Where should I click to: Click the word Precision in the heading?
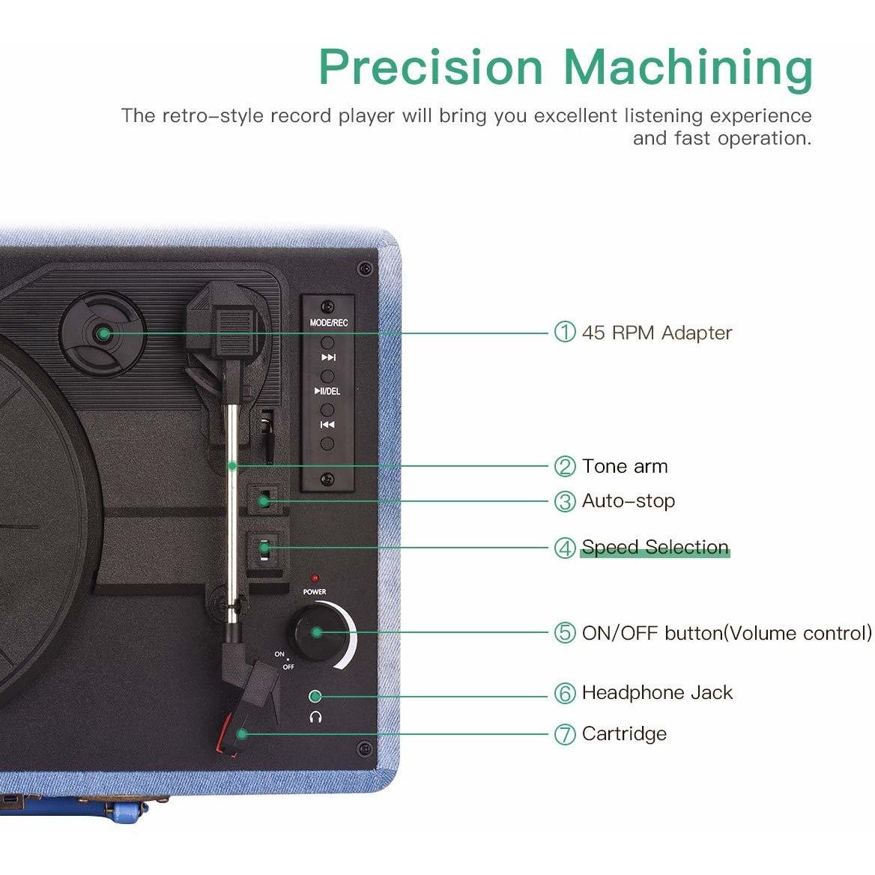(x=431, y=67)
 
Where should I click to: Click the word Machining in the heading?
(x=688, y=70)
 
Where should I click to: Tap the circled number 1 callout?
(x=564, y=332)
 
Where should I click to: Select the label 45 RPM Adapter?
(x=657, y=333)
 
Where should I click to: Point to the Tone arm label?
(x=625, y=466)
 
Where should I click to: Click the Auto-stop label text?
(x=629, y=500)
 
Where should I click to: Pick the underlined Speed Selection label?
(x=656, y=546)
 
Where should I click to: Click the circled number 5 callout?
(x=564, y=633)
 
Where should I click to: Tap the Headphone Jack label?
(x=657, y=692)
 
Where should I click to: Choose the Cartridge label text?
(x=624, y=734)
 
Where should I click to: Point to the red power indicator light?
(x=315, y=578)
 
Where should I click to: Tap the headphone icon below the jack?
(x=316, y=717)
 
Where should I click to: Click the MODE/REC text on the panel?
(x=329, y=323)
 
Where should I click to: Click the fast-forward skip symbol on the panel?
(x=329, y=357)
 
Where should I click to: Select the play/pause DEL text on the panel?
(x=327, y=391)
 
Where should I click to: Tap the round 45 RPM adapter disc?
(x=103, y=333)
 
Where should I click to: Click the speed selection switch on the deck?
(x=264, y=548)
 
